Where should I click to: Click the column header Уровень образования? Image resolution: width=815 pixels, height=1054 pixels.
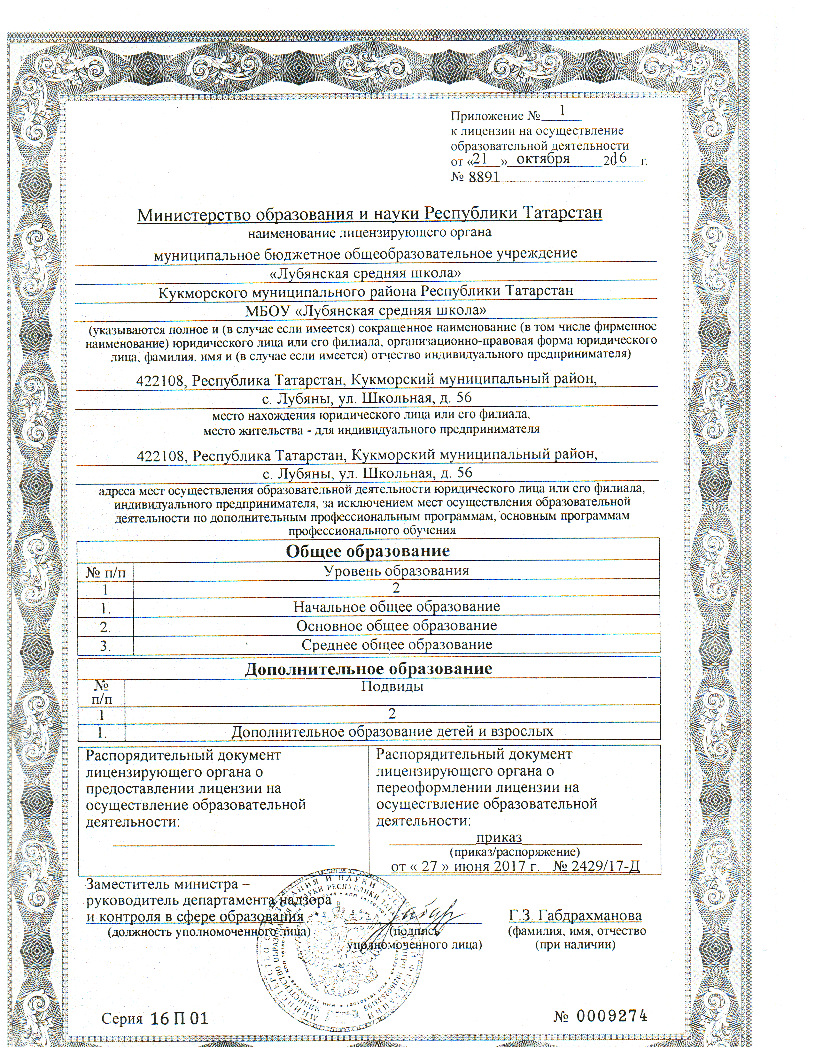coord(396,571)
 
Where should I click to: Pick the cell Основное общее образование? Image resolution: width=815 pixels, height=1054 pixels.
coord(396,626)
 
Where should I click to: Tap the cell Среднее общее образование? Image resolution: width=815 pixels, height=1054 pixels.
coord(396,645)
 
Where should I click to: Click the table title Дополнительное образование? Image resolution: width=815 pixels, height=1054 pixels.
coord(369,668)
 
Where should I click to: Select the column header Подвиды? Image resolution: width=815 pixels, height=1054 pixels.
coord(392,686)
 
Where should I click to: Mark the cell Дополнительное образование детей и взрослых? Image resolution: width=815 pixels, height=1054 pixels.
coord(392,732)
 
